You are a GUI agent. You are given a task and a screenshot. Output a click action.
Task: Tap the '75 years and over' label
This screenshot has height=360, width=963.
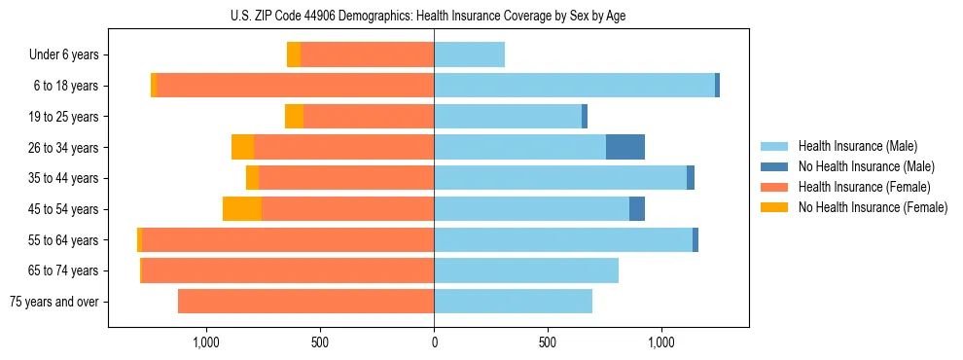click(x=53, y=302)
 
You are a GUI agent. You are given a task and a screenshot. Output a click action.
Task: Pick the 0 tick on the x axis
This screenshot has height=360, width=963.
click(x=434, y=342)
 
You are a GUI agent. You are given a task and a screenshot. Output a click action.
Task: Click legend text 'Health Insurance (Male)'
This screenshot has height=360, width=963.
click(x=857, y=146)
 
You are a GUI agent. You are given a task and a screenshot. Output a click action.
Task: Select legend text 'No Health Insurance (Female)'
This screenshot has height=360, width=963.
click(x=873, y=207)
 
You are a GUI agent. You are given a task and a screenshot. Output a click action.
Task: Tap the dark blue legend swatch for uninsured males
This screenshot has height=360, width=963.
click(x=775, y=166)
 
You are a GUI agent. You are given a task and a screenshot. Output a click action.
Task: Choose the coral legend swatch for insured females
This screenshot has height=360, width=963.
click(x=775, y=187)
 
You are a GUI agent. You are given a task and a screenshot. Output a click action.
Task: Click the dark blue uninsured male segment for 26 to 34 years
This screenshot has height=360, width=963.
click(x=625, y=147)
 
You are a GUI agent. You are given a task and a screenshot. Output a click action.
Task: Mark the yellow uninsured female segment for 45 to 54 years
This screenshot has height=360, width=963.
click(x=242, y=209)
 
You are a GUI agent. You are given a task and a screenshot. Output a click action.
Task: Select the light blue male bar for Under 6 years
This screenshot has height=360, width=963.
click(x=469, y=55)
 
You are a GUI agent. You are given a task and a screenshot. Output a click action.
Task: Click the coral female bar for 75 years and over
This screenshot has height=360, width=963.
click(x=305, y=302)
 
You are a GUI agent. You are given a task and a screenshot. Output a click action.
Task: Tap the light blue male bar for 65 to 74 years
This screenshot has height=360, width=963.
click(x=526, y=270)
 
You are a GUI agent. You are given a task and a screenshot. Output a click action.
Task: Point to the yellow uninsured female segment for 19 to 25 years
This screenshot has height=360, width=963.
click(x=294, y=117)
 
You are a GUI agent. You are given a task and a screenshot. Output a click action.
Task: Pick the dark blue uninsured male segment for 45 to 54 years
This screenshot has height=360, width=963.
click(x=637, y=209)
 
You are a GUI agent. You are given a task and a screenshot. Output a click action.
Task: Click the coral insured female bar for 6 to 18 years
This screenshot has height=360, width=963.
click(x=295, y=86)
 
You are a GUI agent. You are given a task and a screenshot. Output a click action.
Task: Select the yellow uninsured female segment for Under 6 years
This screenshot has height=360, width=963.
click(x=294, y=55)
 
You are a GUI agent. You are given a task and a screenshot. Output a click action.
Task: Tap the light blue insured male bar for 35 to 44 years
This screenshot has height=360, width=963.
click(x=560, y=178)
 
